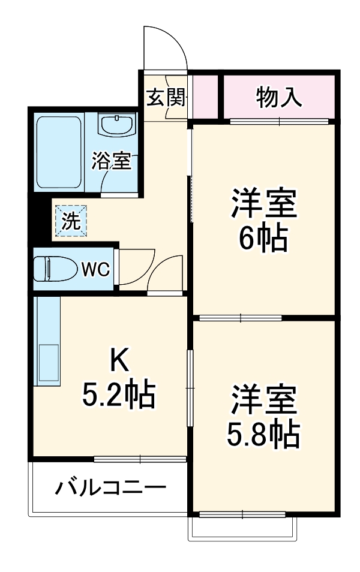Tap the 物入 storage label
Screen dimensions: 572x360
(x=279, y=97)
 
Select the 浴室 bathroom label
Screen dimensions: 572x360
(x=111, y=161)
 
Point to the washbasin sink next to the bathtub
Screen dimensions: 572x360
(x=117, y=127)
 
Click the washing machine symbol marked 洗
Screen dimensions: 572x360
(x=71, y=221)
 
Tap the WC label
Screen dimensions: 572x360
(x=95, y=270)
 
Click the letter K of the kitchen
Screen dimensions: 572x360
(x=118, y=360)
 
